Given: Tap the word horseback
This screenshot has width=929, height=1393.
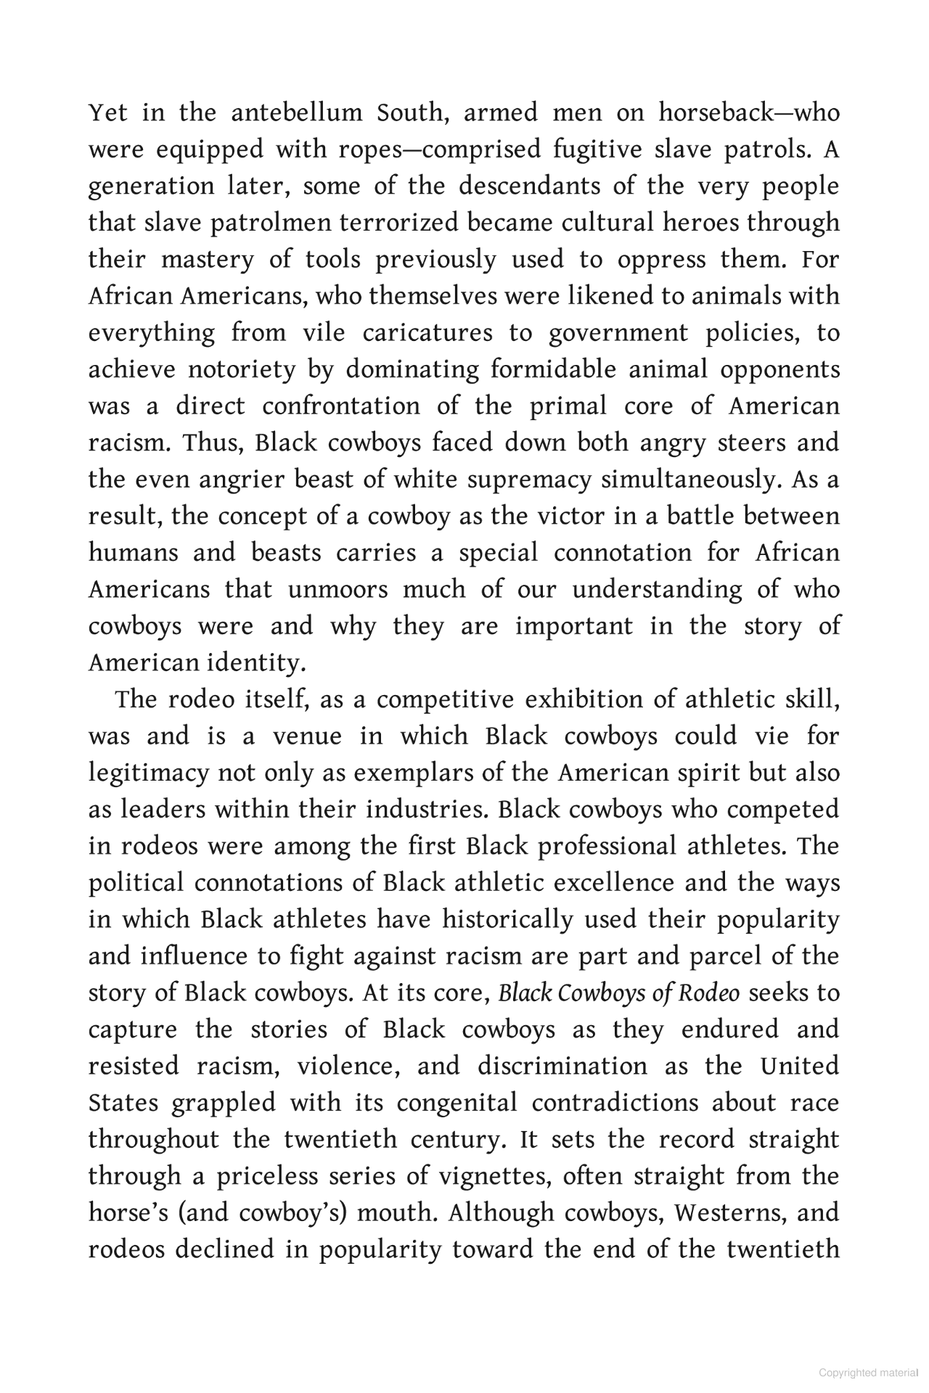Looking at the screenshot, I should pyautogui.click(x=721, y=113).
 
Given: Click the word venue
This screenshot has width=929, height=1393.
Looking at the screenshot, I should pyautogui.click(x=307, y=736).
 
